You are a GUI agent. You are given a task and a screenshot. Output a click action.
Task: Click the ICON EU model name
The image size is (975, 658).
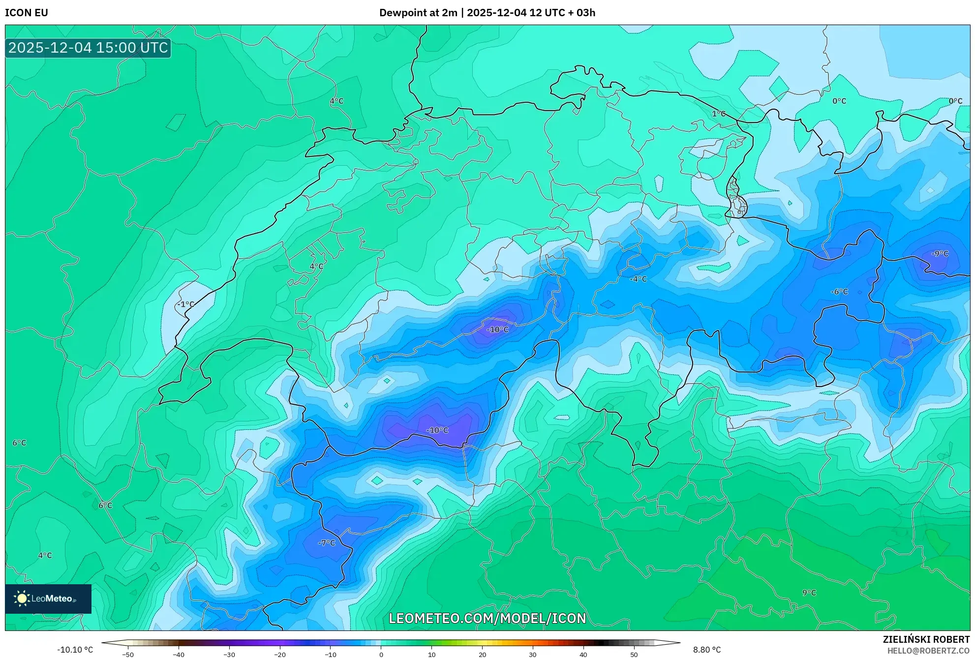[x=27, y=13]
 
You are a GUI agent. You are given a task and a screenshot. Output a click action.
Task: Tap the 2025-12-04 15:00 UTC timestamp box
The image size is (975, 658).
[x=88, y=48]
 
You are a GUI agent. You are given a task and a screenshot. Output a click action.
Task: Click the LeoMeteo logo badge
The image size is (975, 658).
[x=48, y=598]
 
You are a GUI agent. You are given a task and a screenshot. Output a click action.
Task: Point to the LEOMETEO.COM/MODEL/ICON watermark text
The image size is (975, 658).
[x=487, y=618]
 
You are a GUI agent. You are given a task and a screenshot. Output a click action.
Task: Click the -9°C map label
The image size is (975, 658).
[x=940, y=254]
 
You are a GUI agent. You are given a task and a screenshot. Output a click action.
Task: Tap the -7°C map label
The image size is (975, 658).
[x=327, y=543]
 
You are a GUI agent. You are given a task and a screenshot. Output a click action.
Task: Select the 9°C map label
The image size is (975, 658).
[x=809, y=593]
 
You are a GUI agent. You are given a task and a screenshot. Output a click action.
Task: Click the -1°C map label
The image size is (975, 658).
[x=186, y=304]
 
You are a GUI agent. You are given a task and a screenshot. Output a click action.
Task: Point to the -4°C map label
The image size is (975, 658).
[x=638, y=279]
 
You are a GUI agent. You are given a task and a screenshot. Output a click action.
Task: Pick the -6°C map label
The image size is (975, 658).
[x=839, y=292]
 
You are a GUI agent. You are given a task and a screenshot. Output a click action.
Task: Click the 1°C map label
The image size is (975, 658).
[x=719, y=114]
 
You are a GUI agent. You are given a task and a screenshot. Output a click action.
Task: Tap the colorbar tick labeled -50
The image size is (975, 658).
[x=128, y=654]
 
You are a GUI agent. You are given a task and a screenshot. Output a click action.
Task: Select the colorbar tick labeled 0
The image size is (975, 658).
[x=381, y=654]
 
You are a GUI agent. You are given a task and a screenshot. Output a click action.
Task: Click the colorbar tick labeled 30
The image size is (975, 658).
[x=533, y=654]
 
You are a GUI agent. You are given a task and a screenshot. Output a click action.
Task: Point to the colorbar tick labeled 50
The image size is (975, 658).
[x=634, y=654]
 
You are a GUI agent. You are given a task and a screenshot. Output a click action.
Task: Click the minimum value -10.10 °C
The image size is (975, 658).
[x=75, y=650]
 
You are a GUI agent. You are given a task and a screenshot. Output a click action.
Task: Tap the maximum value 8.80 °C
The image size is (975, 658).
[x=707, y=650]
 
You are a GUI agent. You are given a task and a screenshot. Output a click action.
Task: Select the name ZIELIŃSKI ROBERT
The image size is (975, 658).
[x=926, y=639]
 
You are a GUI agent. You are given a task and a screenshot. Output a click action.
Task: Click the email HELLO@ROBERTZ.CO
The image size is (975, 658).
[x=928, y=651]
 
